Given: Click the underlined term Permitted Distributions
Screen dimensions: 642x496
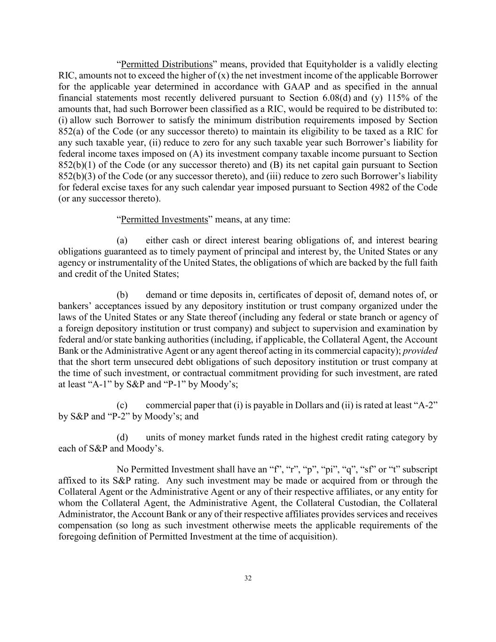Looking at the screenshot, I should tap(166, 64).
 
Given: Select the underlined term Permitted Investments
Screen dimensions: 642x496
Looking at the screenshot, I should tap(164, 220).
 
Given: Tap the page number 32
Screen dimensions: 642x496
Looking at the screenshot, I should tap(248, 579).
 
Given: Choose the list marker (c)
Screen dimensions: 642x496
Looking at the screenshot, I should tap(122, 405).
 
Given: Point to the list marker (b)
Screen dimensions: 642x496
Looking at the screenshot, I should tap(122, 295).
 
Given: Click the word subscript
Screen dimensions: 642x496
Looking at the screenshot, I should tap(419, 470).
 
